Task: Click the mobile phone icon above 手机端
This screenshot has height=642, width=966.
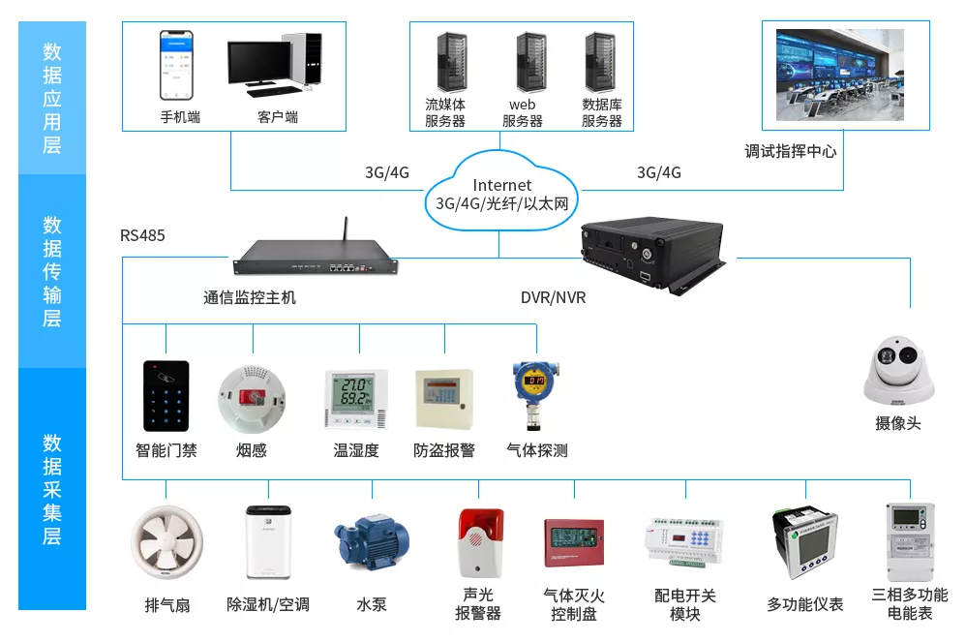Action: pyautogui.click(x=177, y=65)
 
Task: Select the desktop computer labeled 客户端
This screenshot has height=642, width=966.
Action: pyautogui.click(x=275, y=65)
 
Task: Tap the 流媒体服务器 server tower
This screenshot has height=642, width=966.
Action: pyautogui.click(x=452, y=63)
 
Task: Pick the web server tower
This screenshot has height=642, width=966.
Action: pyautogui.click(x=531, y=63)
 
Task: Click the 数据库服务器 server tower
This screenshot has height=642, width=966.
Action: pyautogui.click(x=600, y=63)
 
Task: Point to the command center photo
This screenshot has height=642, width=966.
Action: pyautogui.click(x=840, y=75)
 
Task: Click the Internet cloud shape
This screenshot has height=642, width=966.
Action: pyautogui.click(x=501, y=193)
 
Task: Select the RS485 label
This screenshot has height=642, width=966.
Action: pyautogui.click(x=142, y=235)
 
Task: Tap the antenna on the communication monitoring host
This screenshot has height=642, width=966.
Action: pyautogui.click(x=346, y=229)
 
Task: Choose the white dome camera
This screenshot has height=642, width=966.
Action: pyautogui.click(x=899, y=370)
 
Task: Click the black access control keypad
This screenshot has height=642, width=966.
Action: pyautogui.click(x=166, y=396)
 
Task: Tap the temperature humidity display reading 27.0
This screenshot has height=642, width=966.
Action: pyautogui.click(x=356, y=399)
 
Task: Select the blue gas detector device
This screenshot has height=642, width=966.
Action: pyautogui.click(x=534, y=394)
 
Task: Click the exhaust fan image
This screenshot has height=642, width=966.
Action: pyautogui.click(x=166, y=543)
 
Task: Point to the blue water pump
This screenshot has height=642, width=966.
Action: pyautogui.click(x=372, y=542)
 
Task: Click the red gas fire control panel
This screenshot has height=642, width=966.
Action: pyautogui.click(x=574, y=543)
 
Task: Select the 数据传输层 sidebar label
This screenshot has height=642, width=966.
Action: pyautogui.click(x=52, y=271)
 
